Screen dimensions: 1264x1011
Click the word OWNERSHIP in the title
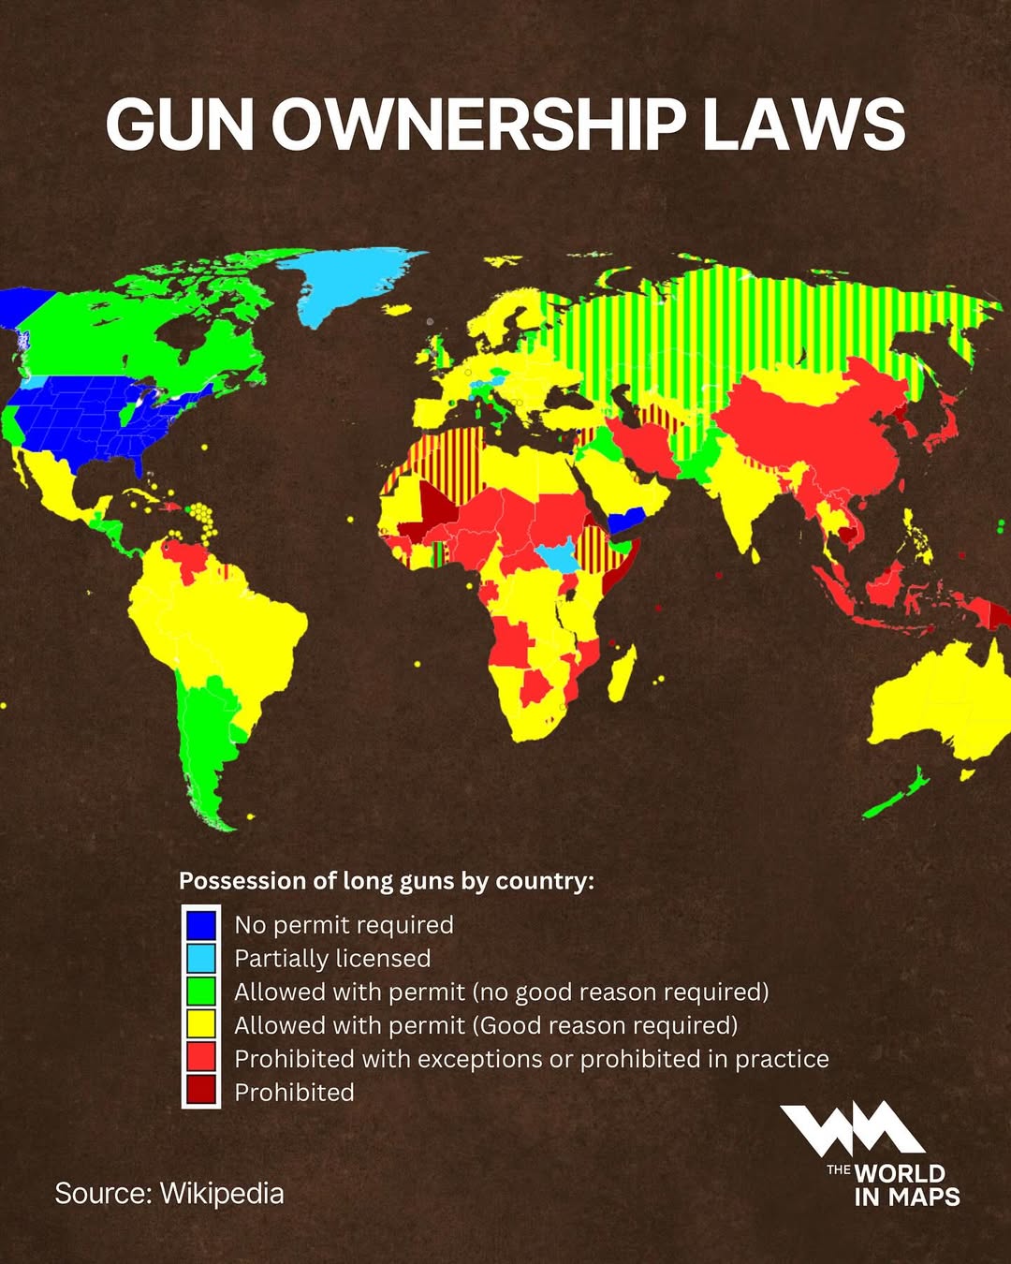(x=478, y=125)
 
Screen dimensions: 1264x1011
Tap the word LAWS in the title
(x=803, y=125)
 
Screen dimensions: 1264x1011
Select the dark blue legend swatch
(x=200, y=925)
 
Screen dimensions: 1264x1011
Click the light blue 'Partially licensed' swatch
(x=200, y=958)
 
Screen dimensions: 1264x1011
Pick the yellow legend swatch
(x=200, y=1025)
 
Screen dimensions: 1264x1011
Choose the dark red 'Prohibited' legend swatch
(x=200, y=1091)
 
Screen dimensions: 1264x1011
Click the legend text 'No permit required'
(x=344, y=925)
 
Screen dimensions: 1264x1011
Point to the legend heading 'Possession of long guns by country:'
(x=386, y=881)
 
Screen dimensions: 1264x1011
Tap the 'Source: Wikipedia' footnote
(x=168, y=1194)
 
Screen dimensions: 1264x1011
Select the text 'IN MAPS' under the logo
(x=906, y=1197)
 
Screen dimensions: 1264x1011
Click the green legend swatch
(x=200, y=992)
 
